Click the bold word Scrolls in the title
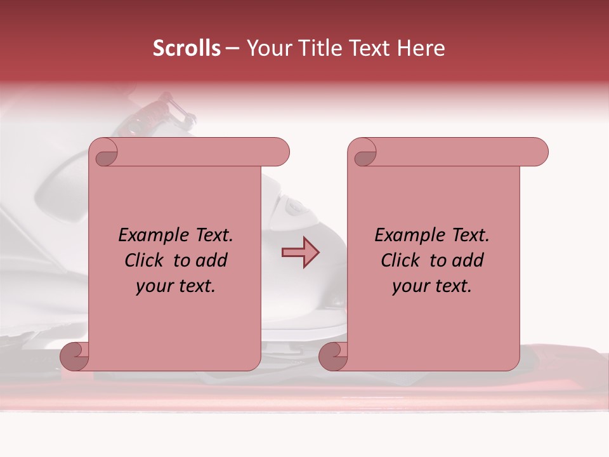click(x=187, y=48)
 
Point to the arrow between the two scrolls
click(x=300, y=253)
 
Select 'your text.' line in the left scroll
click(x=176, y=286)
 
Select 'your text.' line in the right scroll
click(x=432, y=286)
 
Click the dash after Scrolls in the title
click(x=232, y=48)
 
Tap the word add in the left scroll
click(x=213, y=260)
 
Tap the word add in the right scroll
click(x=469, y=260)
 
